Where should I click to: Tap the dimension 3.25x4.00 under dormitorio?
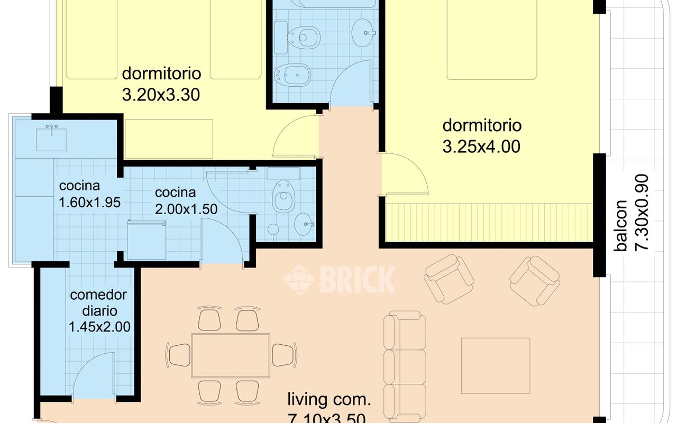(481, 146)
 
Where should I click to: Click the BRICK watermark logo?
(340, 279)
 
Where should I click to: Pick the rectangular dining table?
(231, 354)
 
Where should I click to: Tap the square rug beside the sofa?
(496, 364)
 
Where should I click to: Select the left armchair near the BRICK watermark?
(449, 279)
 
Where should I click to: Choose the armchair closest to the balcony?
(534, 281)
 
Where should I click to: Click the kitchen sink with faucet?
(51, 138)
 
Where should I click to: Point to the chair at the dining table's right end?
(284, 354)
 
